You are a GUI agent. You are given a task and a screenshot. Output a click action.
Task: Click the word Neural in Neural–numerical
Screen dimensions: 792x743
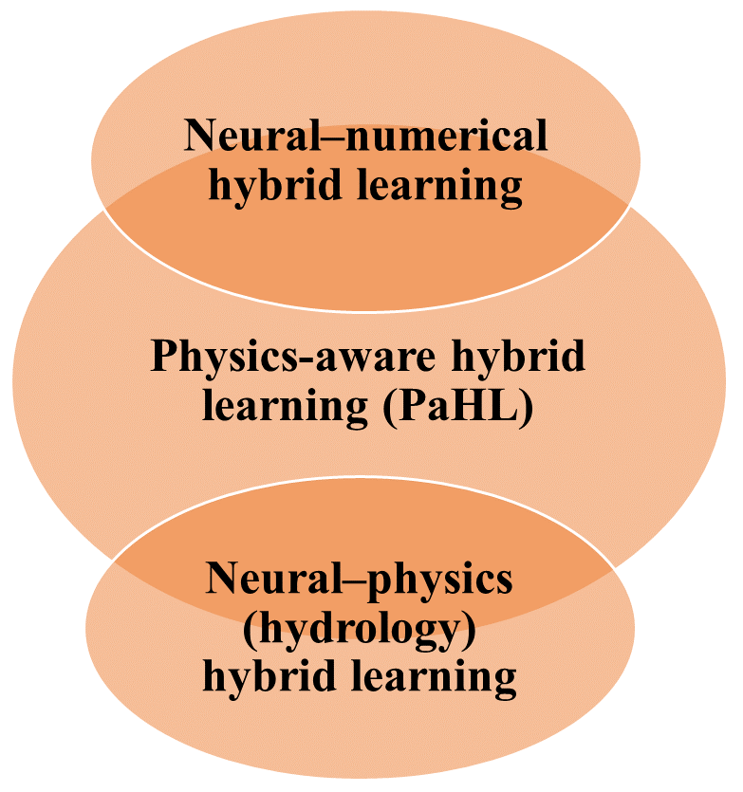(238, 137)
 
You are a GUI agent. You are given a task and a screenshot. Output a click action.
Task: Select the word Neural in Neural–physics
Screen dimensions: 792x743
(260, 579)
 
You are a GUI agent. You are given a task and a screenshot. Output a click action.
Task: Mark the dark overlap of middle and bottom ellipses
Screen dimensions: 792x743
(365, 531)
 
